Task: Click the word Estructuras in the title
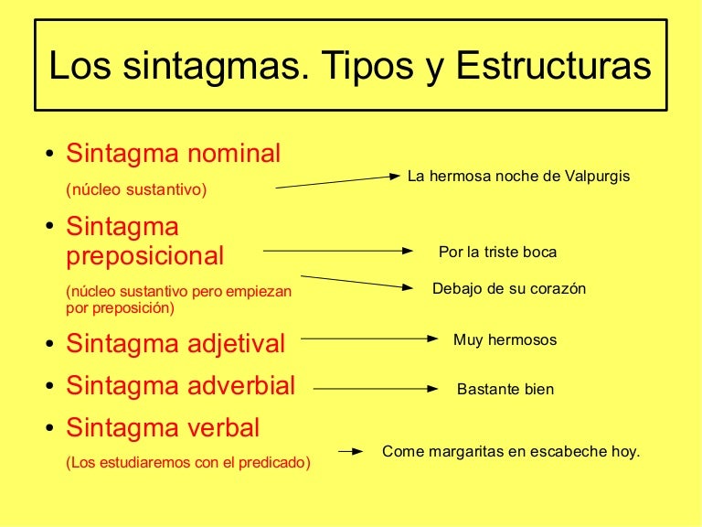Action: coord(554,67)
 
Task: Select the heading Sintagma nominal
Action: coord(173,154)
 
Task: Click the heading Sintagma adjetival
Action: coord(175,344)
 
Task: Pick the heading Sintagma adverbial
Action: coord(180,386)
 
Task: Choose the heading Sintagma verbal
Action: coord(163,427)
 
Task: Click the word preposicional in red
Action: coord(144,255)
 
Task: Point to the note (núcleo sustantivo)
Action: coord(137,190)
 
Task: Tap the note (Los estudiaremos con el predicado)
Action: coord(188,463)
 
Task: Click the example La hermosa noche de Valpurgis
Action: coord(518,176)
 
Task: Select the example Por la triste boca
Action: coord(497,252)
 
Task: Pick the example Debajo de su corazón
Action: coord(508,289)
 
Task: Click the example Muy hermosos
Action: coord(505,340)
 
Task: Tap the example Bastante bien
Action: coord(505,389)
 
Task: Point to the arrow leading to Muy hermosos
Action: coord(369,339)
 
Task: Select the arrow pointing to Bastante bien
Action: coord(375,388)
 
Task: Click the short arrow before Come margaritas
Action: coord(351,451)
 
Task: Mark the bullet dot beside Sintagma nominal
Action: coord(49,155)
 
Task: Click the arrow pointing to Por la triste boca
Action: coord(338,250)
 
